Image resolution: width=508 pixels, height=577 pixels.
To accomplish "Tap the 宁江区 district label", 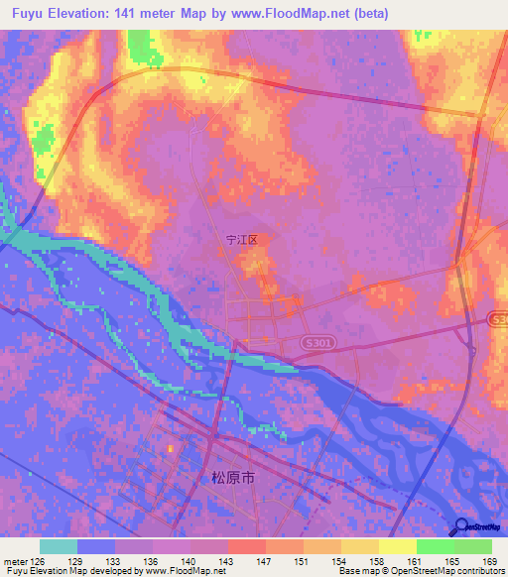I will [241, 240].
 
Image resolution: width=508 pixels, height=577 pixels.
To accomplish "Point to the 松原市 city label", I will [233, 477].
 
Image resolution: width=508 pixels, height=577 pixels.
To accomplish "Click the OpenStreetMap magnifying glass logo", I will [460, 527].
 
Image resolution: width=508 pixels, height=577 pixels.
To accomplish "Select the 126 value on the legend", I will [38, 559].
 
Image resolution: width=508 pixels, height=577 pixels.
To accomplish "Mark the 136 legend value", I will [150, 559].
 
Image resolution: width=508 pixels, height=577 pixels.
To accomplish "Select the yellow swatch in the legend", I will [397, 546].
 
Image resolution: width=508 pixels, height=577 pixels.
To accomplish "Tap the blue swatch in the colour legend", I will [96, 546].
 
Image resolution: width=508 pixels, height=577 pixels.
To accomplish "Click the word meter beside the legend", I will [15, 559].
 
